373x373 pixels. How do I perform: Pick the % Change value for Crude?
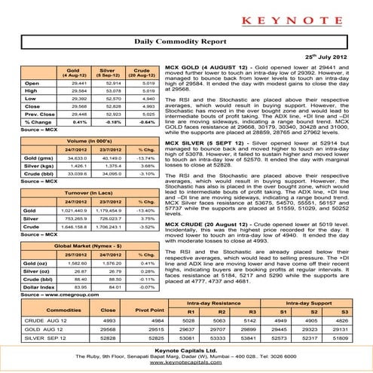(x=126, y=142)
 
